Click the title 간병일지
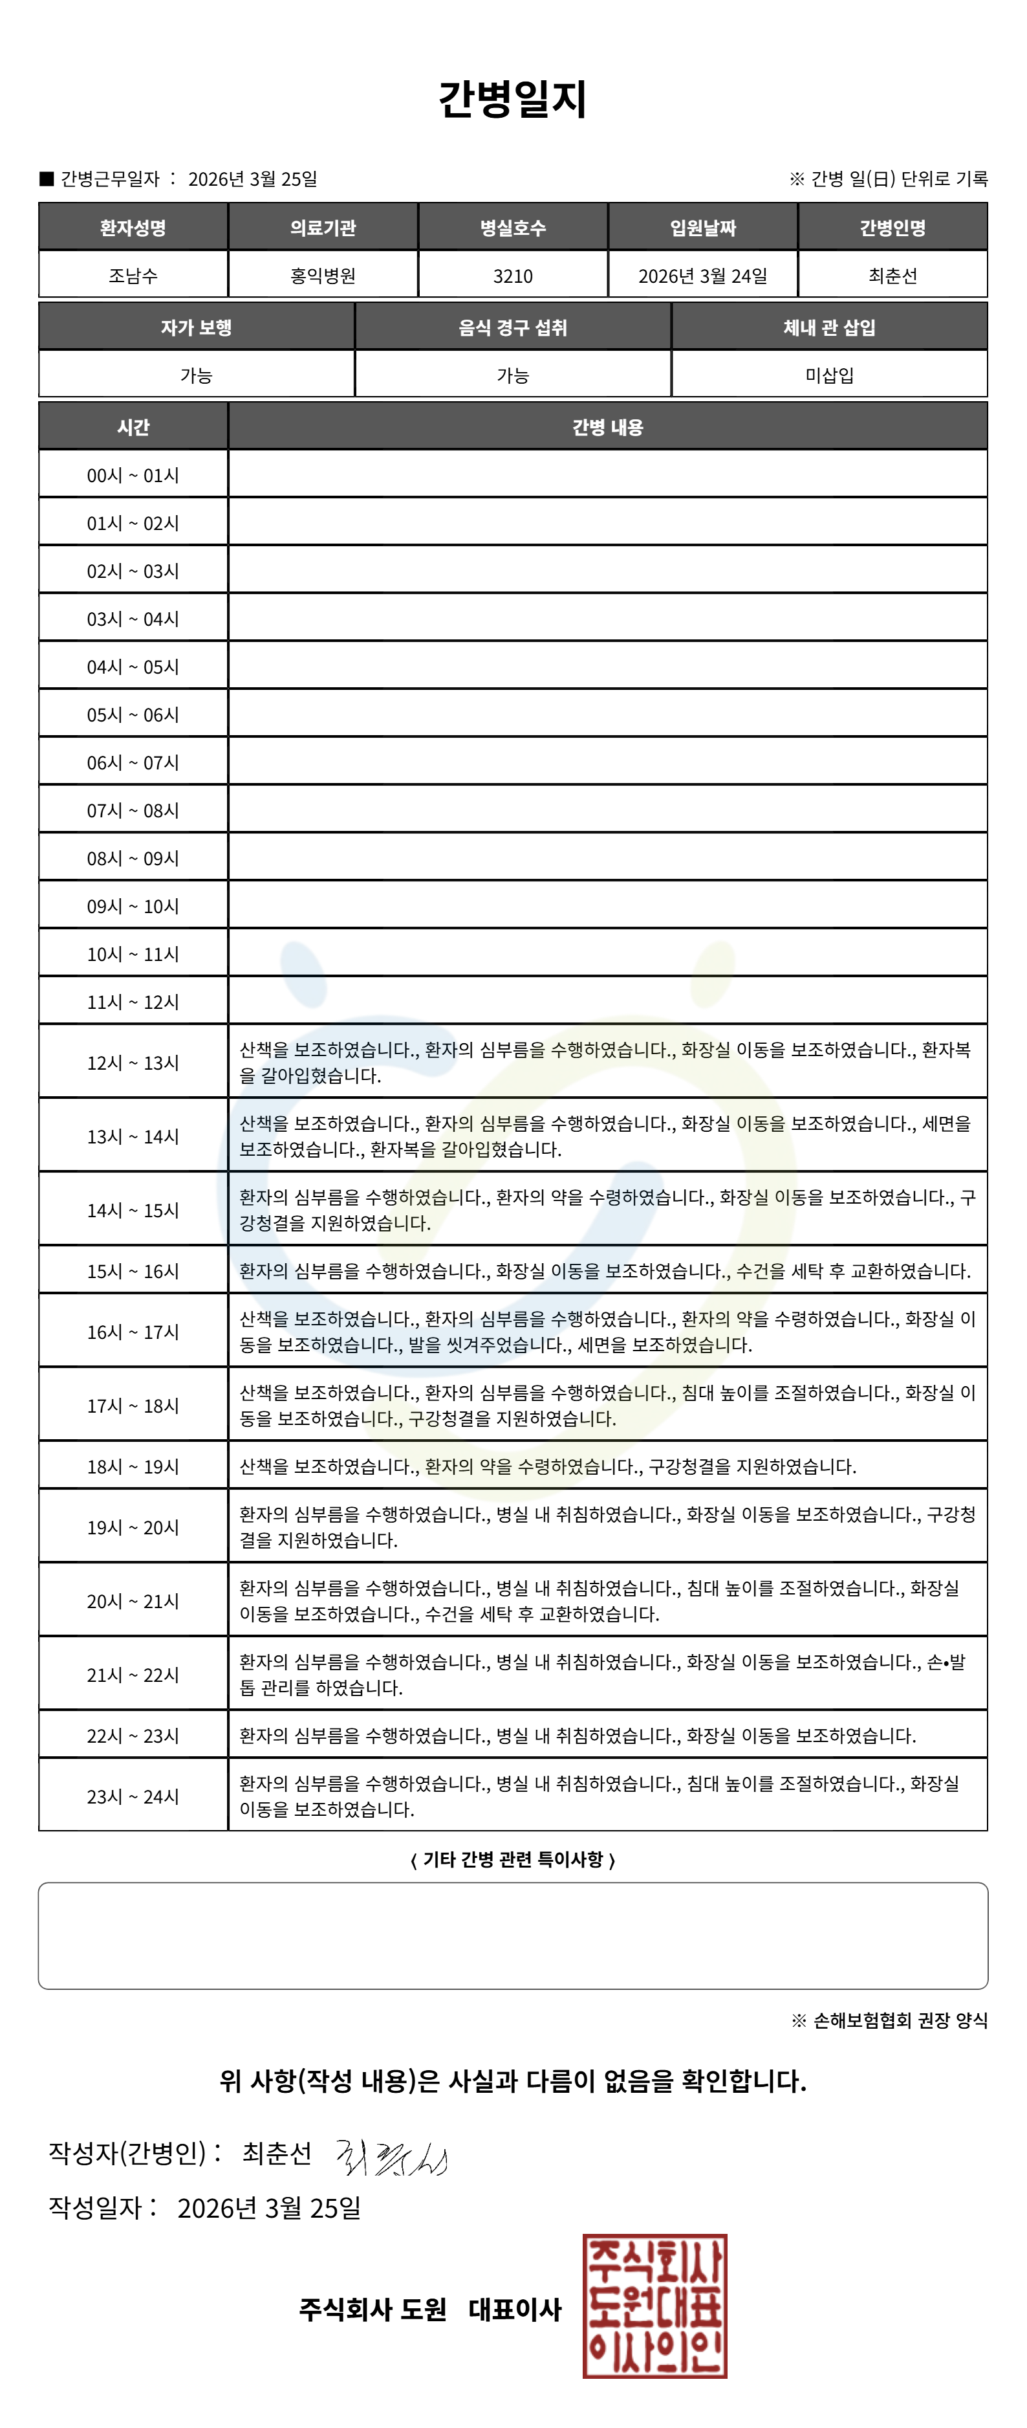point(513,99)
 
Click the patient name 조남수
point(133,276)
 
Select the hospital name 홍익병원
point(323,276)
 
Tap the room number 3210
point(513,276)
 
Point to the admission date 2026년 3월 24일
point(703,276)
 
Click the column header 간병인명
point(892,228)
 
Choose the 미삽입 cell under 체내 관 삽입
point(829,375)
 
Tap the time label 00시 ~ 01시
point(133,475)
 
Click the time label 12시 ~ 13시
point(133,1063)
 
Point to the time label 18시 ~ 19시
point(133,1466)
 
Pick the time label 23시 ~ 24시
point(133,1796)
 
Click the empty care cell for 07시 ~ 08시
point(608,810)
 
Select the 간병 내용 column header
point(608,427)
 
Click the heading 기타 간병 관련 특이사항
point(513,1859)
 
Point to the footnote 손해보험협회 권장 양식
point(900,2020)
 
